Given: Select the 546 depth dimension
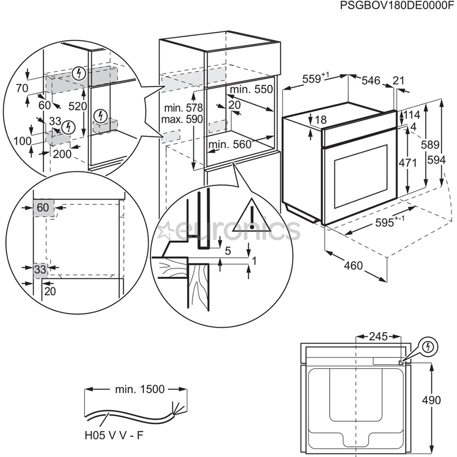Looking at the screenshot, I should coord(371,80).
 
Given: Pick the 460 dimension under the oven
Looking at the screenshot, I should coord(353,265).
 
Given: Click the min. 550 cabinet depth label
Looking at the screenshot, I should coord(251,89).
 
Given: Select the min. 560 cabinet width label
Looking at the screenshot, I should coord(230,145).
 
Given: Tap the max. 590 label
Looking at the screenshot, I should coord(182,119).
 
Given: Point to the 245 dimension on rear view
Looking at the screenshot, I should coord(378,336).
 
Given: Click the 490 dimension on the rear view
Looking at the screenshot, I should coord(431,400).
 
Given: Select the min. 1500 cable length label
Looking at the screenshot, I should coord(140,389).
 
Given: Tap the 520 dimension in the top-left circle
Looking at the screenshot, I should coord(77,106).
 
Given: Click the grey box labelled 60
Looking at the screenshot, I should coord(44,207).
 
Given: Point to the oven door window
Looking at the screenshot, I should coord(361,176).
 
